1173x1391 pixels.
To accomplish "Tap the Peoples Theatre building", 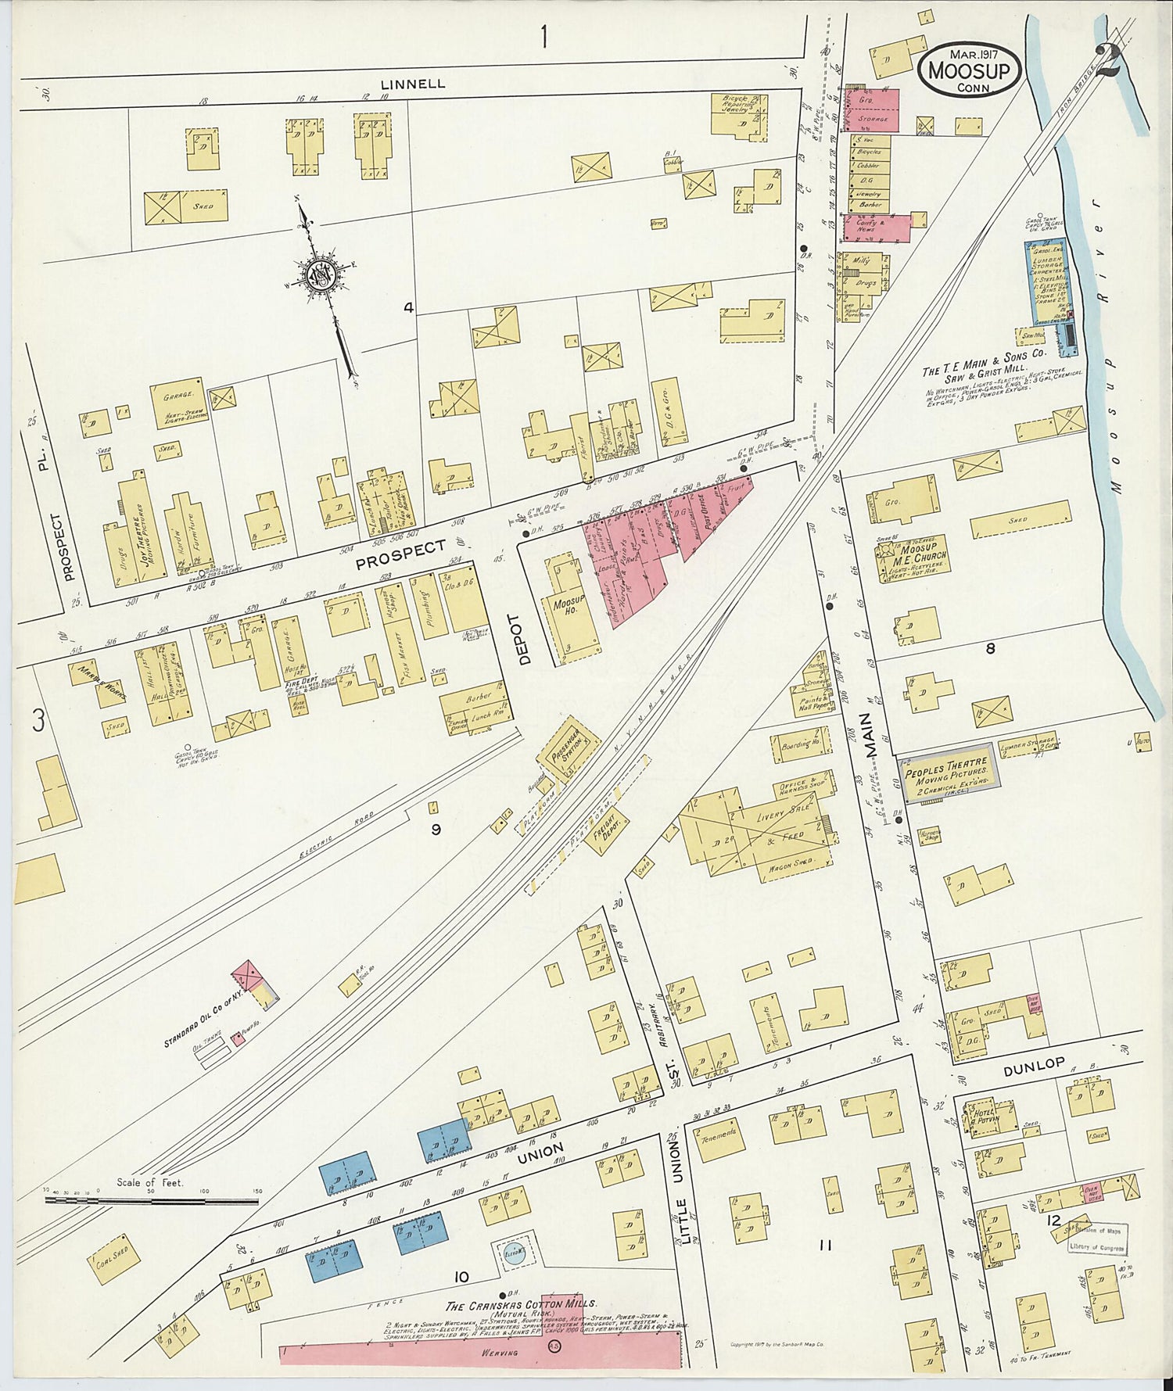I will [948, 772].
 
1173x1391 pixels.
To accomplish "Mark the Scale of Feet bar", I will [149, 1197].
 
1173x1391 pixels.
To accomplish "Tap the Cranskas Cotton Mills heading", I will [521, 1306].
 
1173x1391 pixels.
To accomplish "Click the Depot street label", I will [525, 640].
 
